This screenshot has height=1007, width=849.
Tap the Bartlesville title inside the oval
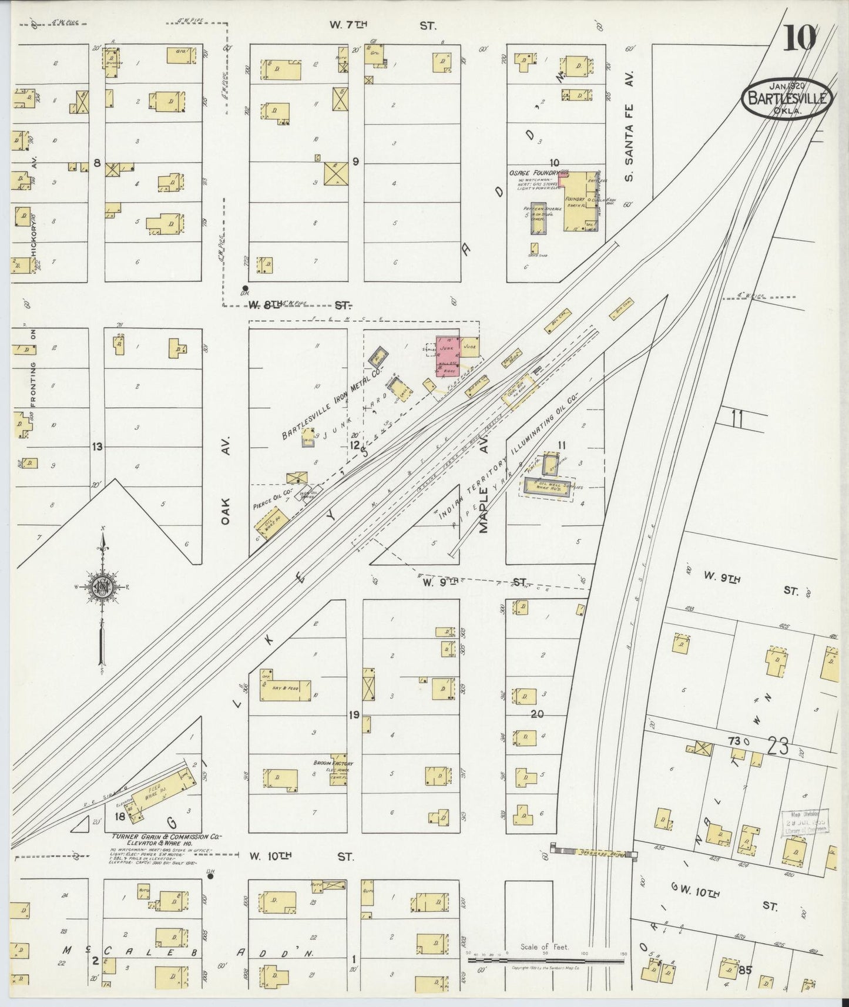click(787, 98)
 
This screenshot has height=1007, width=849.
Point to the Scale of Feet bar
click(546, 960)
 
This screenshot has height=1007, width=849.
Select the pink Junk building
click(447, 356)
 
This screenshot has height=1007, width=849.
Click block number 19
click(354, 715)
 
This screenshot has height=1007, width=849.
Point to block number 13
click(97, 447)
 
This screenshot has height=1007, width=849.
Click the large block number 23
click(777, 746)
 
